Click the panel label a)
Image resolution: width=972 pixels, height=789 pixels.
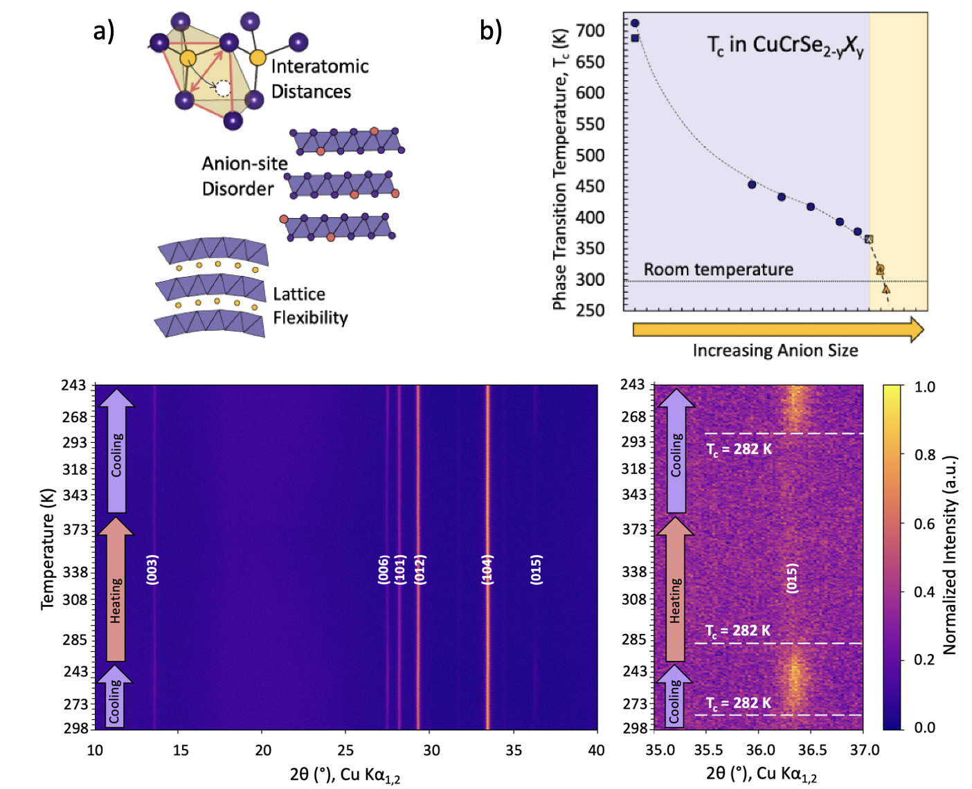tap(104, 31)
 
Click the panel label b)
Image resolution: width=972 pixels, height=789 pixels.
tap(490, 31)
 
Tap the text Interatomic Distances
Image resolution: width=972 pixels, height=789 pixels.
tap(318, 79)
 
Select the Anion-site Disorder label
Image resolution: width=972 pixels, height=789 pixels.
tap(244, 176)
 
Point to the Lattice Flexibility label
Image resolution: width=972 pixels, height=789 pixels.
tap(309, 305)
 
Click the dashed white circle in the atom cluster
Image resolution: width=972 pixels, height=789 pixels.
tap(222, 88)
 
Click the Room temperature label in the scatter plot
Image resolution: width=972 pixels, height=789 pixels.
tap(718, 269)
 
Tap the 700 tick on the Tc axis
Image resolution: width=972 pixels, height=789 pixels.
tap(590, 30)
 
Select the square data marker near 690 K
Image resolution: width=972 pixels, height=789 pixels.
tap(635, 38)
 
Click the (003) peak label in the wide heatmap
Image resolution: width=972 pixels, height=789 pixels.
tap(152, 569)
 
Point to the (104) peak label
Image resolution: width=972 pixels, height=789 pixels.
tap(487, 569)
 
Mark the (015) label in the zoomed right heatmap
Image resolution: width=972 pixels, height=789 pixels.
tap(792, 578)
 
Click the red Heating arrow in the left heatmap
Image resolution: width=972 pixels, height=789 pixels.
tap(116, 590)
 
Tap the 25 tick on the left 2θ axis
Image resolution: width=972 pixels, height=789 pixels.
tap(345, 750)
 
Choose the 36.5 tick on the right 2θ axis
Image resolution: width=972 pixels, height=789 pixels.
tap(811, 750)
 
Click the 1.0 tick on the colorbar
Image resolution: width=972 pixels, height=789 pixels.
tap(924, 387)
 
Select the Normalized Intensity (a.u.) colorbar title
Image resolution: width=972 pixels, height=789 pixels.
tap(949, 554)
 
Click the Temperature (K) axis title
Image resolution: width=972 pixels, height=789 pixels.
tap(47, 549)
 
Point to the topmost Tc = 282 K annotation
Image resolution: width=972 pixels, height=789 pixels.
tap(739, 449)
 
